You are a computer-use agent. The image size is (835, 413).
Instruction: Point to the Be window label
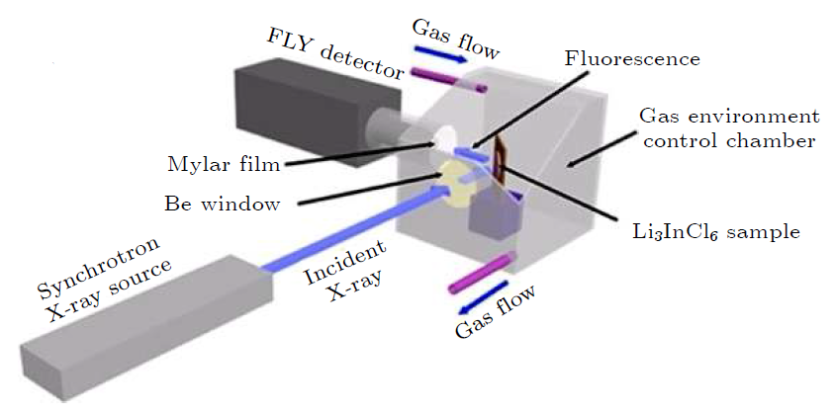click(x=223, y=205)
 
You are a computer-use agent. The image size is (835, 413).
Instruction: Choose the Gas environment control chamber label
click(x=726, y=128)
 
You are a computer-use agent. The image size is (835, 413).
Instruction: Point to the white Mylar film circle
click(x=444, y=140)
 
